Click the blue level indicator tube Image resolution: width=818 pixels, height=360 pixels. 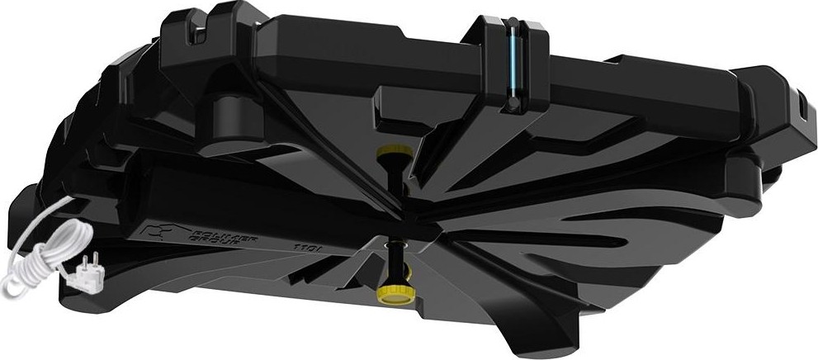tap(513, 61)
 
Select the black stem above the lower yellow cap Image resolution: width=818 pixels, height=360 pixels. tap(396, 260)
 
